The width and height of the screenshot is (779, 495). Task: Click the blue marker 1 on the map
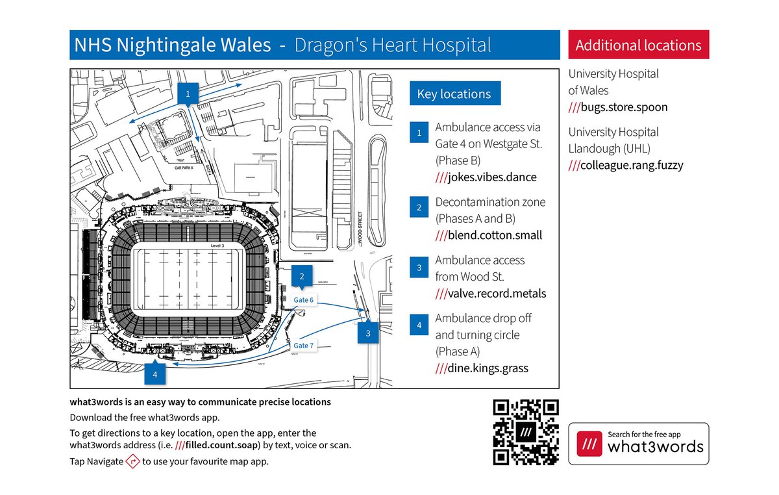tap(188, 94)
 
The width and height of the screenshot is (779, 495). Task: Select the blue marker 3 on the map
tap(368, 333)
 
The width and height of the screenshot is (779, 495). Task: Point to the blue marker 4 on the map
tap(155, 374)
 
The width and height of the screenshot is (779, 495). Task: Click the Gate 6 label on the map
tap(303, 300)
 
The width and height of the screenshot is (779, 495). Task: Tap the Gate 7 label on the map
tap(303, 346)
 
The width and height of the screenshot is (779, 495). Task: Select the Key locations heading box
tap(454, 94)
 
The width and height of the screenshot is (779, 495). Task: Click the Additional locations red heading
tap(638, 45)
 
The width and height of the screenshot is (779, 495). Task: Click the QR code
tap(526, 432)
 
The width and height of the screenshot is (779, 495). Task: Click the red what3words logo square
tap(589, 444)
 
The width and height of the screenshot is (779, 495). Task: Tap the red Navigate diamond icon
tap(133, 462)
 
